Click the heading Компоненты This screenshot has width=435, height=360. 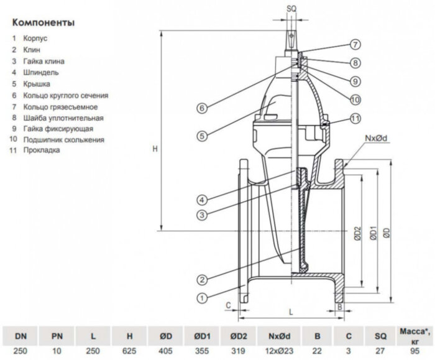(43, 23)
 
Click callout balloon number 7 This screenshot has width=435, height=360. (354, 45)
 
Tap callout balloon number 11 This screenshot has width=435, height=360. (354, 118)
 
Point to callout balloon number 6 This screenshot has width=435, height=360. (202, 108)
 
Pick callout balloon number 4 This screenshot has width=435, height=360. (203, 200)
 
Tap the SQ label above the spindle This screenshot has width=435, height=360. (292, 7)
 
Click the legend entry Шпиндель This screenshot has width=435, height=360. (44, 72)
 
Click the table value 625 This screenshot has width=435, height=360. (130, 351)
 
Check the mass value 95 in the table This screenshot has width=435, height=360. (414, 351)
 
